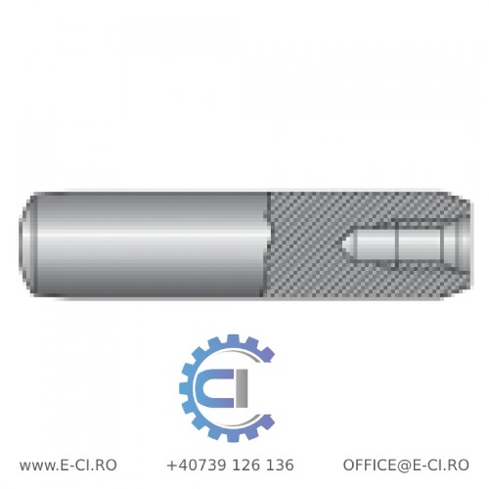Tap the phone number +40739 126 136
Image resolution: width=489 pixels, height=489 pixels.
coord(230,466)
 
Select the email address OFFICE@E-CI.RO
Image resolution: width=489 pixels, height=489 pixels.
coord(405,466)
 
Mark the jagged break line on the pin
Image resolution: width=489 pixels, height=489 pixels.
coord(270,241)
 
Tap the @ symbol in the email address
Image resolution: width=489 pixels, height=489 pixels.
coord(409,466)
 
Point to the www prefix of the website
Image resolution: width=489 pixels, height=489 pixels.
coord(38,466)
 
